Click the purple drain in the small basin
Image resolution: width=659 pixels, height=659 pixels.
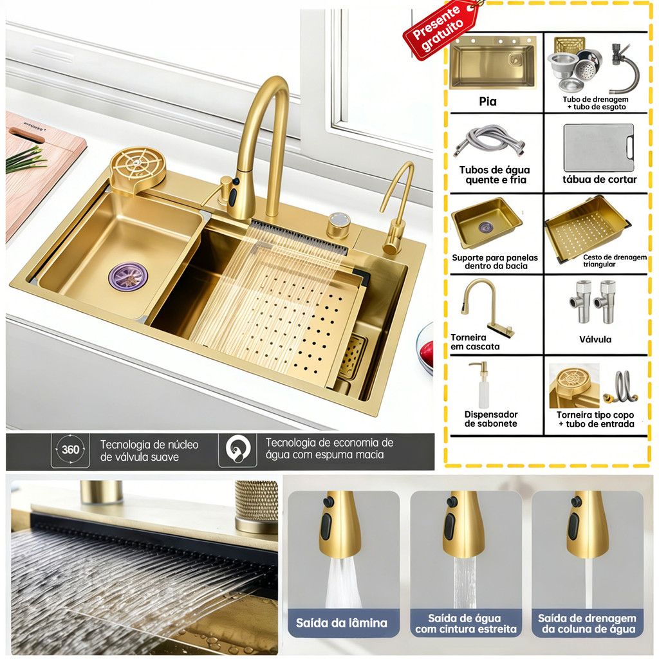click(128, 277)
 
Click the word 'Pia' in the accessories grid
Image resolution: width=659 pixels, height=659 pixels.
click(488, 101)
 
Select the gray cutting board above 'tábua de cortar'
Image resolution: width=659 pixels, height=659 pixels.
click(599, 147)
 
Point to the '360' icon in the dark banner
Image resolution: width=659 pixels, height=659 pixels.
click(70, 449)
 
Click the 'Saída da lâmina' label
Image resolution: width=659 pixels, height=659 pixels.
click(341, 622)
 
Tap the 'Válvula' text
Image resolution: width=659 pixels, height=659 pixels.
click(595, 339)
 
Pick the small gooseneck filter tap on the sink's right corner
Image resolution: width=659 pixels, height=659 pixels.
click(396, 210)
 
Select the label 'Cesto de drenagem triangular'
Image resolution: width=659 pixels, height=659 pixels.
click(615, 261)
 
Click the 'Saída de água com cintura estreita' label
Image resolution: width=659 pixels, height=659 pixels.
click(466, 623)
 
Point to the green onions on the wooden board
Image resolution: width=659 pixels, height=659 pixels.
click(25, 159)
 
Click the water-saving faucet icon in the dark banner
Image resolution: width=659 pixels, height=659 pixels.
click(237, 449)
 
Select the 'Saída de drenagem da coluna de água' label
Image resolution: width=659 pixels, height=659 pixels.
click(587, 623)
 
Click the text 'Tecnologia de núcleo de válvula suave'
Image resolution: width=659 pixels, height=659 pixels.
click(149, 450)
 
